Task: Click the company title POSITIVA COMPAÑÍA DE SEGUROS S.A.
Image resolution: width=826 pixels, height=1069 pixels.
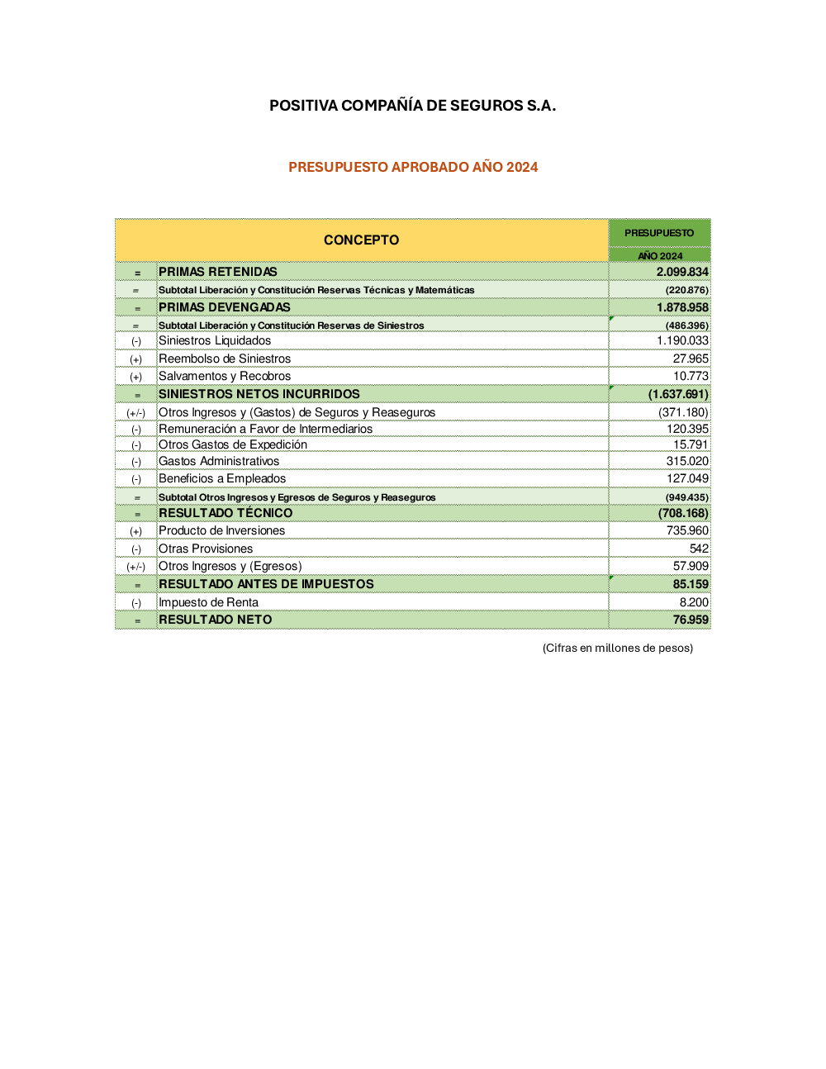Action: tap(412, 106)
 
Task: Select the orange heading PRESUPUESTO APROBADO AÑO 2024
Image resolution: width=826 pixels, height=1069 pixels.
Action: tap(413, 167)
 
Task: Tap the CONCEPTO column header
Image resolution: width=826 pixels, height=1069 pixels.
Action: tap(361, 240)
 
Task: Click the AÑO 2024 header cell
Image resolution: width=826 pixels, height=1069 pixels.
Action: tap(660, 256)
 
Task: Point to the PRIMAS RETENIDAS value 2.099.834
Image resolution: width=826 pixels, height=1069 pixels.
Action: tap(682, 272)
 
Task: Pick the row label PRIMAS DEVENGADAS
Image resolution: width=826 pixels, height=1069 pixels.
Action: tap(225, 307)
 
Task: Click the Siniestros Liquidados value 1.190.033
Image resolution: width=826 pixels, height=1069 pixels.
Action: tap(682, 340)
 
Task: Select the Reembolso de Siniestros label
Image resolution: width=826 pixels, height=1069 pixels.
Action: tap(225, 359)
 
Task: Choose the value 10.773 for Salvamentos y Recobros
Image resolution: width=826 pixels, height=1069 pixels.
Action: tap(691, 376)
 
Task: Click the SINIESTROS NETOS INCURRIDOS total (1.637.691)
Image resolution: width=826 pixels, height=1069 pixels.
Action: tap(678, 394)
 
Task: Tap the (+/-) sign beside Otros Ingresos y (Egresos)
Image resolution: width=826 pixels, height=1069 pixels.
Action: tap(136, 567)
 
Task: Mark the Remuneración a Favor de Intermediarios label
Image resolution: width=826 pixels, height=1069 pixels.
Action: tap(265, 429)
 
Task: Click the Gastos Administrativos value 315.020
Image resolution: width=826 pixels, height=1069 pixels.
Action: tap(687, 461)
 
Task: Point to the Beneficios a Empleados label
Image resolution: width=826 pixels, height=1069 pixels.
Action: tap(222, 478)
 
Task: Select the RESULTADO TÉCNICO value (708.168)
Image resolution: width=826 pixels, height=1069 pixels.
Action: tap(683, 513)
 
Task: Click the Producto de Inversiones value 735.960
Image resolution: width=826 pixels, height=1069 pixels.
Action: tap(687, 530)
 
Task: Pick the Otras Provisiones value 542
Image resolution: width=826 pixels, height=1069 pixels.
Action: tap(699, 549)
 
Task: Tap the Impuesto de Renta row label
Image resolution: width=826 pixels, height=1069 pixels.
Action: tap(208, 602)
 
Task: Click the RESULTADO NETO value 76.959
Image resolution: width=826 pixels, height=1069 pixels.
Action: tap(691, 620)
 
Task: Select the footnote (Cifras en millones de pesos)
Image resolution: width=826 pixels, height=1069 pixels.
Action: tap(617, 648)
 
